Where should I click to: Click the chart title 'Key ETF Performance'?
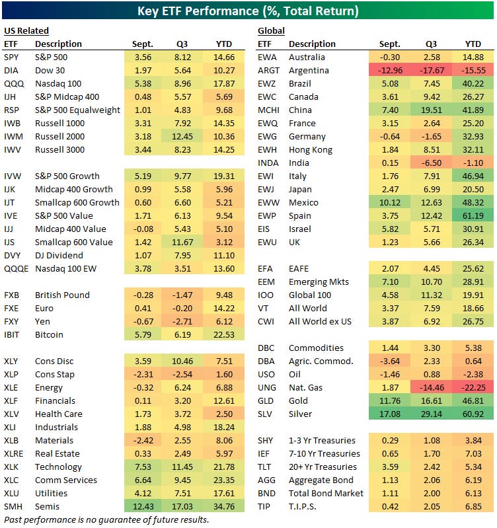coord(248,11)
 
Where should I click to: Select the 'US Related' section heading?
coord(26,30)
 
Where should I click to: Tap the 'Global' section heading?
coord(271,30)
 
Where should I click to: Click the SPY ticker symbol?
coord(11,57)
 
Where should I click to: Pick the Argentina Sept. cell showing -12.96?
coord(391,70)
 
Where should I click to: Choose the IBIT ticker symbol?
coord(13,334)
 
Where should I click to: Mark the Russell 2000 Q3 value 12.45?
coord(182,136)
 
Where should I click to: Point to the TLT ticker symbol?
coord(266,467)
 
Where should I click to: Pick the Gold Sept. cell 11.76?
coord(391,400)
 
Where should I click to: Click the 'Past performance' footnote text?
coord(106,519)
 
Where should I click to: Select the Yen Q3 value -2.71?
coord(182,321)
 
